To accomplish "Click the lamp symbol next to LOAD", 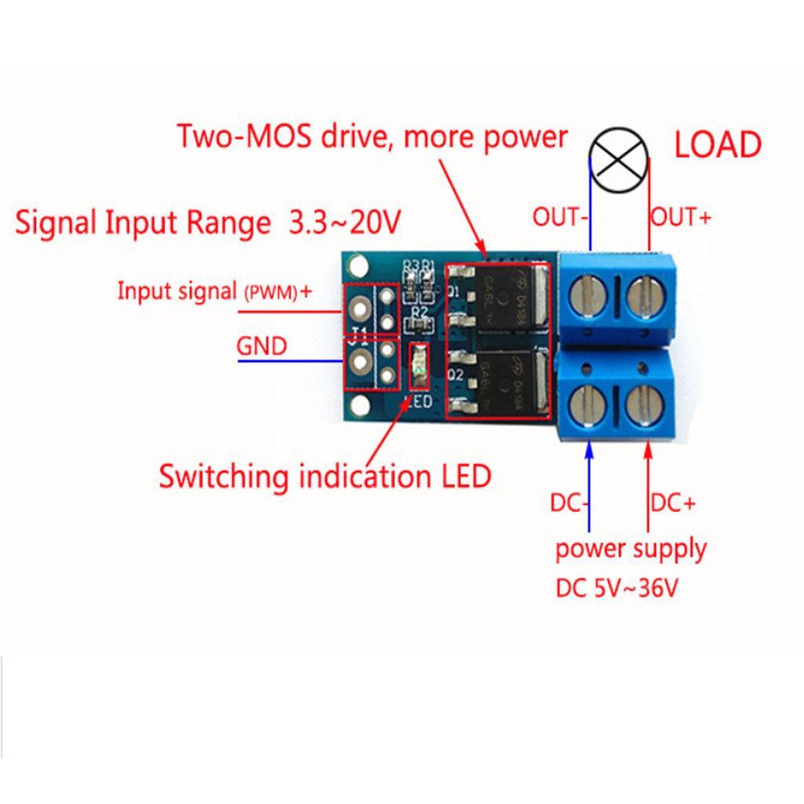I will pyautogui.click(x=620, y=159).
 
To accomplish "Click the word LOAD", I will pyautogui.click(x=718, y=146).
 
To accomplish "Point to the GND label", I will pyautogui.click(x=261, y=345).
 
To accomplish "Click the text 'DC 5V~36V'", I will pyautogui.click(x=616, y=588).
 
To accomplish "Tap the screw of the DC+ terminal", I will pyautogui.click(x=645, y=405).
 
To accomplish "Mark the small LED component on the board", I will pyautogui.click(x=421, y=367).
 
